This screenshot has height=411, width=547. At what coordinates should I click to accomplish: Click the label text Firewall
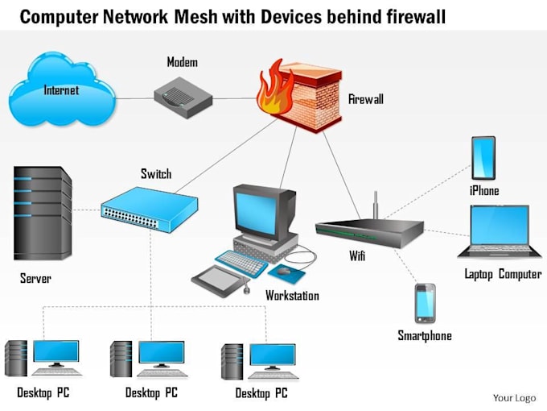coord(366,99)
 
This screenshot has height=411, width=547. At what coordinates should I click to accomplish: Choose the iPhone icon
coord(483,158)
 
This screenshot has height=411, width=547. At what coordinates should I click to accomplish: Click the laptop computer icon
coord(498,230)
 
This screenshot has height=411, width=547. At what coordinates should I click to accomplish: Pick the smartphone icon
coord(425,304)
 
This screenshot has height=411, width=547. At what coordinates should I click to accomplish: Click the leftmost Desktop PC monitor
coord(56,352)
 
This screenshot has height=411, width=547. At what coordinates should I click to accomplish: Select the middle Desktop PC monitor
coord(161,353)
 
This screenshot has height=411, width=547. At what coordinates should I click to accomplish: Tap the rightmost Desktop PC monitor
coord(272,355)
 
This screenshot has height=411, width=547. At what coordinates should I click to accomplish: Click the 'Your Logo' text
coord(514,397)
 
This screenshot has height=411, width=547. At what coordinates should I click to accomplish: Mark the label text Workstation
coord(292,296)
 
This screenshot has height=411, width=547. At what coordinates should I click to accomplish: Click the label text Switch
coord(156,173)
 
